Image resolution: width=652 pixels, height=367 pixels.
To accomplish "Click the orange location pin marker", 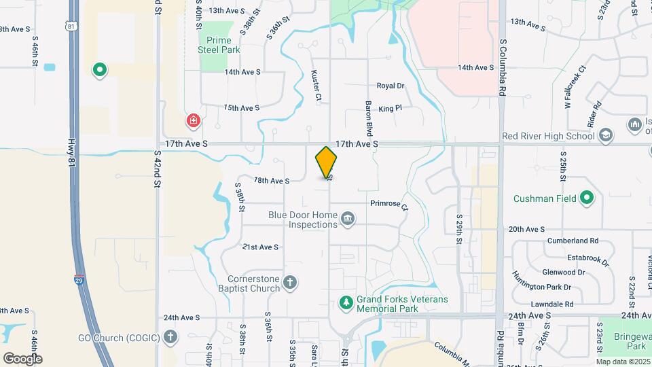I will pos(326,162).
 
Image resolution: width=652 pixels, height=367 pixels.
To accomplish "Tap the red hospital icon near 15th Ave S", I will pos(194,121).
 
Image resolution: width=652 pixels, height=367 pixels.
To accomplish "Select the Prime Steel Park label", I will pos(219,45).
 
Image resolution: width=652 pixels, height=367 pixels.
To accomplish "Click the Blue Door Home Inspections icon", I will pos(348,218).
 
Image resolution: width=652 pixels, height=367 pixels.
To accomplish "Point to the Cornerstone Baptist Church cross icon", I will pos(290,283).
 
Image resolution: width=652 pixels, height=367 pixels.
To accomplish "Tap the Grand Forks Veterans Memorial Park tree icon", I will pos(346,302).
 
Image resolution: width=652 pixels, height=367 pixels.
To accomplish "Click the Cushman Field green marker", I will pos(587,198).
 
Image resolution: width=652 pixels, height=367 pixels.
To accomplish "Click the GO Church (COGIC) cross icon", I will pos(170,336).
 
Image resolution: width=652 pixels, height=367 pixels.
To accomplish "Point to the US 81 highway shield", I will pos(71,26).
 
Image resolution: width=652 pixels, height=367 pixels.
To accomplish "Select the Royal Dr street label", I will pos(391,86).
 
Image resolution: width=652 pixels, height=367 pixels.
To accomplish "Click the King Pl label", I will pos(391,108).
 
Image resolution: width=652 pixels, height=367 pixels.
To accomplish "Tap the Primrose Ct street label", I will pos(388,204).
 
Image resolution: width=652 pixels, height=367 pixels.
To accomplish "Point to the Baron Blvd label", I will pos(369,118).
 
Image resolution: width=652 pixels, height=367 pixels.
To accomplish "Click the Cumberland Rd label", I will pos(575,241).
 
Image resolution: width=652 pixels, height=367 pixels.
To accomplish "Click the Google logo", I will pos(22,358).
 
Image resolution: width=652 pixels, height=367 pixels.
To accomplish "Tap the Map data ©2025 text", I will pos(623,362).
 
